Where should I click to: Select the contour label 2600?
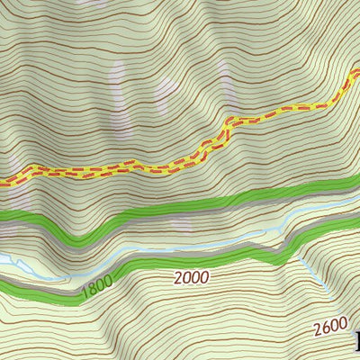tap(330, 327)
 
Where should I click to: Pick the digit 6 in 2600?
tap(325, 328)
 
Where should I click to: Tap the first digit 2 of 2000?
tap(177, 280)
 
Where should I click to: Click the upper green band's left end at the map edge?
tap(3, 216)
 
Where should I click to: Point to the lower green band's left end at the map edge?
tap(3, 285)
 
